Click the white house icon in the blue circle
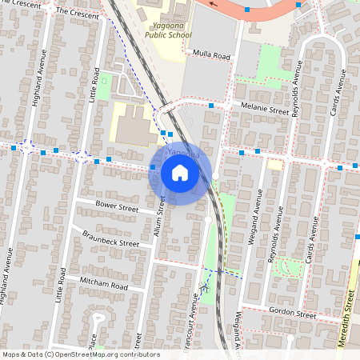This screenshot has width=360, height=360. pyautogui.click(x=179, y=172)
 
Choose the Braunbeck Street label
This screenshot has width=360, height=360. pyautogui.click(x=110, y=238)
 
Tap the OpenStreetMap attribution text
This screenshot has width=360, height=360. pyautogui.click(x=81, y=354)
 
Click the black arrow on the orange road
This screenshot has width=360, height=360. pyautogui.click(x=213, y=3)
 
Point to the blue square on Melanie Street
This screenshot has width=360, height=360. pyautogui.click(x=211, y=106)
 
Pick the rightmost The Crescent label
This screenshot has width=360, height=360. pyautogui.click(x=77, y=14)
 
